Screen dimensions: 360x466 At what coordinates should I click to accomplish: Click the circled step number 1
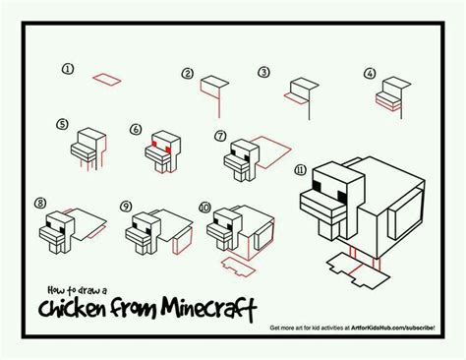(68, 69)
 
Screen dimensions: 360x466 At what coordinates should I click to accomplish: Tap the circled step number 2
(187, 73)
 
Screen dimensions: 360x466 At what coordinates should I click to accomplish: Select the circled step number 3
(263, 72)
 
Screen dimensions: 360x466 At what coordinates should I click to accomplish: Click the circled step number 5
(62, 125)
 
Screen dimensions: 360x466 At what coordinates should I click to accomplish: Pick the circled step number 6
(136, 129)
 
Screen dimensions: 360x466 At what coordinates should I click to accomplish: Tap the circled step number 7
(220, 135)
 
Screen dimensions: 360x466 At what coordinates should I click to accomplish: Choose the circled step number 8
(40, 204)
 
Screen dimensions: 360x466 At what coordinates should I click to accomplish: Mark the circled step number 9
(126, 206)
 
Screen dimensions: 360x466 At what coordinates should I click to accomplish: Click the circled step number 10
(204, 207)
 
